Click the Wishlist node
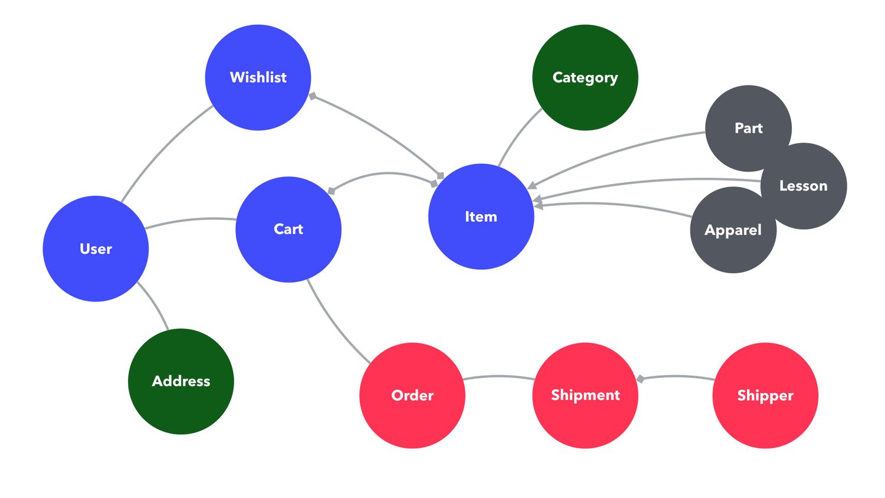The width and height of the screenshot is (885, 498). tap(258, 77)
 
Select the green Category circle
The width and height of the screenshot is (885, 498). tap(585, 77)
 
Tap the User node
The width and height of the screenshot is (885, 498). tap(96, 248)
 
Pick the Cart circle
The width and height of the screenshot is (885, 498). tap(288, 229)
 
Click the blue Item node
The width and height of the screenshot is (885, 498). tap(481, 217)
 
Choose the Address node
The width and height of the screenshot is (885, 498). tap(181, 381)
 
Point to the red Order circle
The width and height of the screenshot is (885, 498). tap(412, 395)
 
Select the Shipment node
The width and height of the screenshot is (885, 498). tap(585, 395)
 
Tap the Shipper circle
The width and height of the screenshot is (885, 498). tap(765, 395)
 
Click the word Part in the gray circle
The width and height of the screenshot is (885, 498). tap(748, 128)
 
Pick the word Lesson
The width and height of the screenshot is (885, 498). tap(803, 186)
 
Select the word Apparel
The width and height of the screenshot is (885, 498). tap(733, 230)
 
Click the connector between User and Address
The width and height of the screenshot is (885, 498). tap(155, 304)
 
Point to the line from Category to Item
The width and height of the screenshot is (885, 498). tap(517, 134)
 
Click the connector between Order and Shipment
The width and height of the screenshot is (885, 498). tap(499, 376)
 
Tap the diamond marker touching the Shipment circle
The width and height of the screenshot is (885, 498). tap(641, 378)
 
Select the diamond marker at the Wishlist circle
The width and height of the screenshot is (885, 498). tap(313, 96)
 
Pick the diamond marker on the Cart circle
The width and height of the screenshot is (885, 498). tap(332, 191)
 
